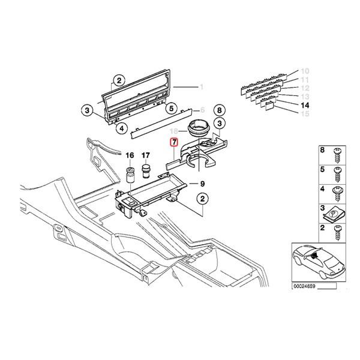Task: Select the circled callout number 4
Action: coord(121,127)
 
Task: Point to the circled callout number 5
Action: coord(172,109)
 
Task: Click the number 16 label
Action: coord(128,158)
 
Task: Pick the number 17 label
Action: coord(146,158)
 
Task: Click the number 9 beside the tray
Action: coord(203,184)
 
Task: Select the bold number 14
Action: coord(304,106)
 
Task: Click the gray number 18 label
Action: coord(173,131)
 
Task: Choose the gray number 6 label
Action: coord(203,110)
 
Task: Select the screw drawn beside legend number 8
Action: coord(337,155)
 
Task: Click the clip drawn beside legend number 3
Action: coord(337,211)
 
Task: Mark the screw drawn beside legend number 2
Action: coord(337,230)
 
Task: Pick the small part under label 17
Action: coord(146,175)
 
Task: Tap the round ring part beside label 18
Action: coord(197,128)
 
